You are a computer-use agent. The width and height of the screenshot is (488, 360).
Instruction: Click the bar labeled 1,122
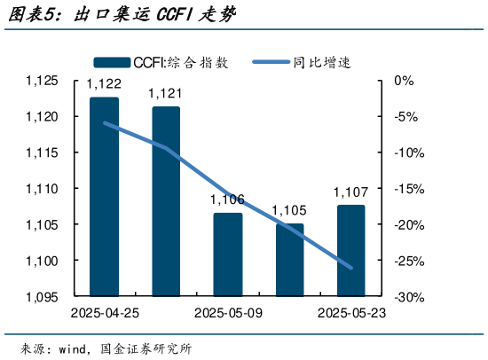pos(104,196)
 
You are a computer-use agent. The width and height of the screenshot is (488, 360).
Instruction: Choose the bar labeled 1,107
pos(350,251)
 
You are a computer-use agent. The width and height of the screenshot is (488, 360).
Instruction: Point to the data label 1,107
pos(350,192)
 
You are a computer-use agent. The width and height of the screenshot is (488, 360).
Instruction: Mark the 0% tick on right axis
pos(404,81)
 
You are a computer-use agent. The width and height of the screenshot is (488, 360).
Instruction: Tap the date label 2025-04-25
pos(104,313)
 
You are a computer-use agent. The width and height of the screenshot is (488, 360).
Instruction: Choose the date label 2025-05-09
pos(227,313)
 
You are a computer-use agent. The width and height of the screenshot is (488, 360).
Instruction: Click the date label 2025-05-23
pos(350,313)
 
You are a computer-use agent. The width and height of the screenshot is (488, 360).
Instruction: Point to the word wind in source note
pos(75,348)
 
